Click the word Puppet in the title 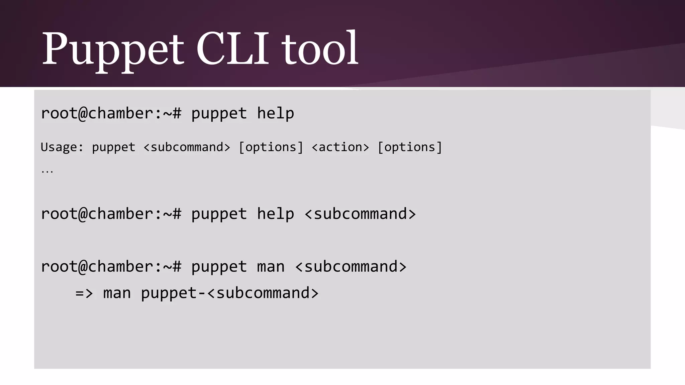click(x=113, y=49)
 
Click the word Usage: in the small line click(x=62, y=147)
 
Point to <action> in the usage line click(x=340, y=147)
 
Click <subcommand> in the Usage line click(x=187, y=147)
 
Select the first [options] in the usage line click(x=271, y=147)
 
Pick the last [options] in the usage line click(x=410, y=147)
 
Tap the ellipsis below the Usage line click(x=47, y=171)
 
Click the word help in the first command click(x=275, y=113)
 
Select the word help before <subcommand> click(x=275, y=214)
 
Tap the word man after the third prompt click(x=271, y=266)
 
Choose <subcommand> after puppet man click(x=351, y=266)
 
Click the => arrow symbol click(x=84, y=293)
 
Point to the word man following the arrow click(x=117, y=293)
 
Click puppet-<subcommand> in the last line click(x=230, y=293)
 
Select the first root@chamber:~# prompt click(x=111, y=113)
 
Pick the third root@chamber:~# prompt click(x=111, y=266)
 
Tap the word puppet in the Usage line click(x=113, y=147)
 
